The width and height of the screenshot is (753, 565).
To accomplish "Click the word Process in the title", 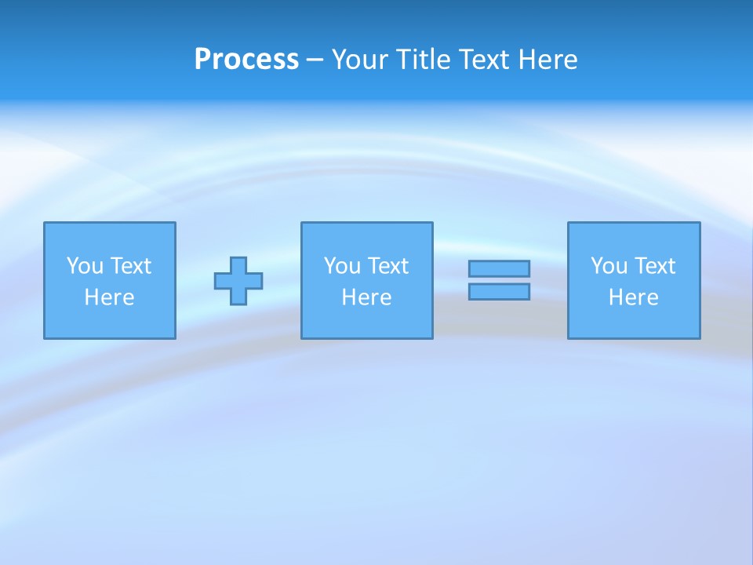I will tap(246, 59).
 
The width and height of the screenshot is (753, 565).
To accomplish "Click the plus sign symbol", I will tap(238, 280).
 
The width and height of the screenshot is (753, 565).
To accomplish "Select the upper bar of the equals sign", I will tap(499, 268).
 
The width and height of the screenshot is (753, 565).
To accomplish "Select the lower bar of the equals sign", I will tap(499, 291).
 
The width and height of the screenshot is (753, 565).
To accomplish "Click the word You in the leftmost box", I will tap(85, 266).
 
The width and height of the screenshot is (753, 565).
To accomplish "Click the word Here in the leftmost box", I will tap(110, 297).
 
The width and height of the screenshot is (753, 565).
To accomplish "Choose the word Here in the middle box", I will tap(367, 297).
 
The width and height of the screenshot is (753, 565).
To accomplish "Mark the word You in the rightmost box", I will tap(609, 266).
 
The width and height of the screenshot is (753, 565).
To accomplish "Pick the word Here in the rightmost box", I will tap(634, 297).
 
